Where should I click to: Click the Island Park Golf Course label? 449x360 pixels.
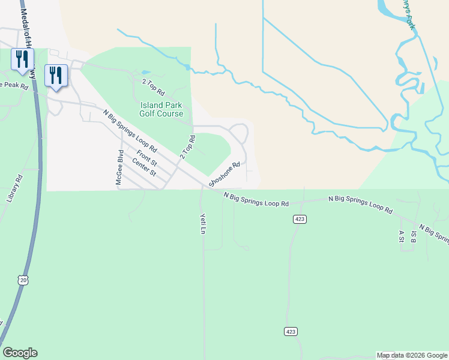[x=161, y=109]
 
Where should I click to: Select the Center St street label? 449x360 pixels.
[x=144, y=167]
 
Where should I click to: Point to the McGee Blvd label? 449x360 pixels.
[x=119, y=167]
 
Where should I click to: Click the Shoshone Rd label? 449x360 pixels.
[x=224, y=173]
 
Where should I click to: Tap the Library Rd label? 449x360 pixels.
[x=15, y=188]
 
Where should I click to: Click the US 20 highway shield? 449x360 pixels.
[x=23, y=280]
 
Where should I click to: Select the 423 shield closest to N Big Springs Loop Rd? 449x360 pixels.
[x=300, y=220]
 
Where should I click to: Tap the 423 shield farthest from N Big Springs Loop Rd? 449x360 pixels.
[x=290, y=331]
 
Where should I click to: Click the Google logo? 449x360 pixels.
[x=20, y=353]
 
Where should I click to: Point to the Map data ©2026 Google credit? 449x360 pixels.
[x=412, y=355]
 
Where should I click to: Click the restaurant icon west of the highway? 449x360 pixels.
[x=22, y=59]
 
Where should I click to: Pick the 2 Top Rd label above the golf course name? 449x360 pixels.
[x=153, y=88]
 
